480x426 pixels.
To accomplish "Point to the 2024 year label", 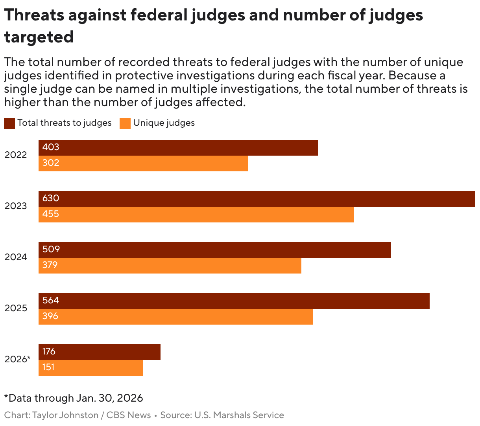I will tap(16, 257).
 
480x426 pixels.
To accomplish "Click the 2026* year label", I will tap(17, 359).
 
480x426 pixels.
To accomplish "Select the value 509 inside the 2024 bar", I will tap(51, 249).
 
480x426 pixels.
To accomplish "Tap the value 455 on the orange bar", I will tap(51, 214).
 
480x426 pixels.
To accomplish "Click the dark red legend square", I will tap(9, 123).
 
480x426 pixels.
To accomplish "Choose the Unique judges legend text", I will tap(164, 123).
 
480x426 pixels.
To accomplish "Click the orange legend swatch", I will tap(125, 123).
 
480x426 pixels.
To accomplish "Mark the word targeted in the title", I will tap(39, 37).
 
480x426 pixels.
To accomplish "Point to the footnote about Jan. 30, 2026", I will tap(74, 398).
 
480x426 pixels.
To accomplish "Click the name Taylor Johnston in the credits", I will tap(65, 415).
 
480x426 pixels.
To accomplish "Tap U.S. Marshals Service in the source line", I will tap(239, 415).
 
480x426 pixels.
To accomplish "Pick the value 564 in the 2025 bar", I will tap(51, 300).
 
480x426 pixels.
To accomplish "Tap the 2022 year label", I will tap(16, 155).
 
